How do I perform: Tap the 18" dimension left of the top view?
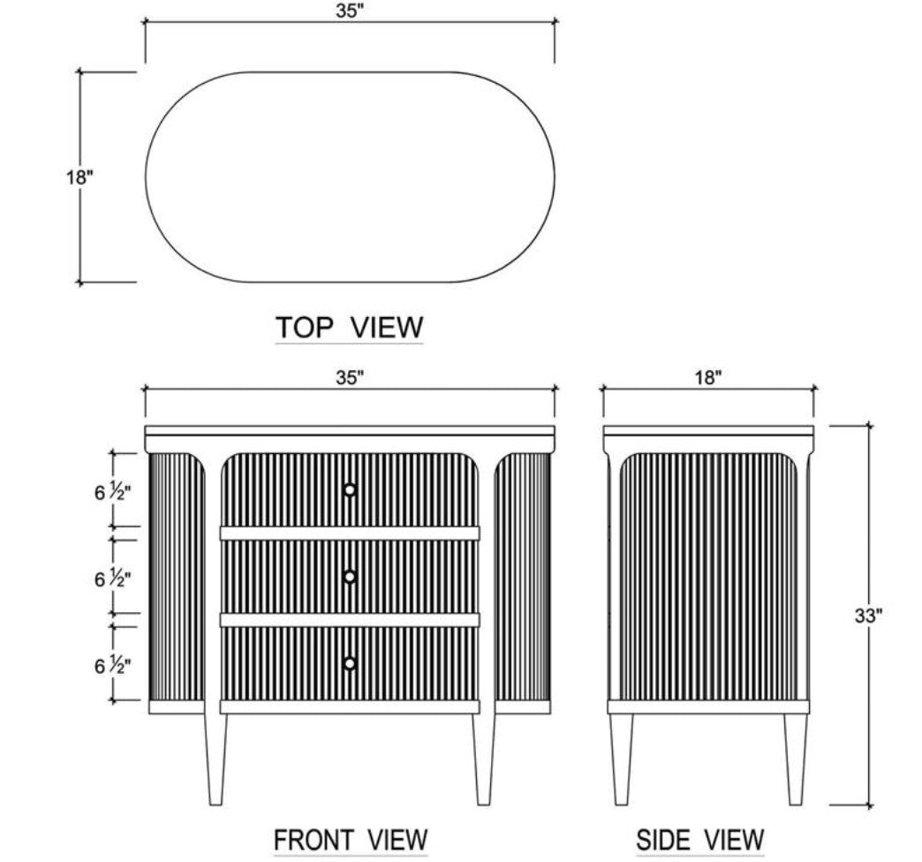79,177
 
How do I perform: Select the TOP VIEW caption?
349,327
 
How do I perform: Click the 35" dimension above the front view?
350,377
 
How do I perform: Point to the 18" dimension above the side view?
707,377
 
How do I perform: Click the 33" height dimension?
868,616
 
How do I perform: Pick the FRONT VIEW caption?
351,839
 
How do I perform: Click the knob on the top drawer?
350,490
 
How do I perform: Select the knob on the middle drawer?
350,577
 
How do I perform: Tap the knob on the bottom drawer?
350,664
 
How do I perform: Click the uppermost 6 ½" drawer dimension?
112,492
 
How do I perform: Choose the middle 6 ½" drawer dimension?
112,578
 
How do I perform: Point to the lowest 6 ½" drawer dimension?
112,666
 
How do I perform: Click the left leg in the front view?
215,759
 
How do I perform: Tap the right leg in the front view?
484,759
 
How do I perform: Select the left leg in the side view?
621,759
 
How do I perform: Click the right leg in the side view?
796,759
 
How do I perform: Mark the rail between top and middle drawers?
350,533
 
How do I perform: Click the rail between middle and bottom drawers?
350,620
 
